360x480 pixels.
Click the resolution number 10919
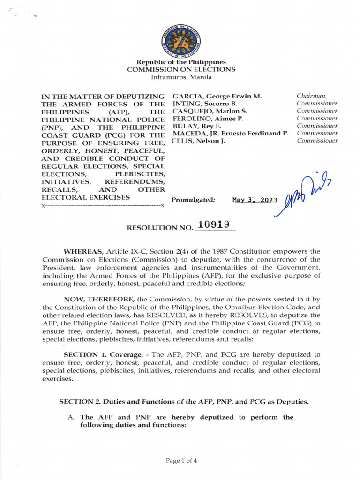[x=213, y=225]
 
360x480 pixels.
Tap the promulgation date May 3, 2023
[x=255, y=200]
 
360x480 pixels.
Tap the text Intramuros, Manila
[x=181, y=77]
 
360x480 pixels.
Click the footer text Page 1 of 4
[x=181, y=460]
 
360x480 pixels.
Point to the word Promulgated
[x=193, y=200]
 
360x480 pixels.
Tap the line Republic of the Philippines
[x=181, y=62]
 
